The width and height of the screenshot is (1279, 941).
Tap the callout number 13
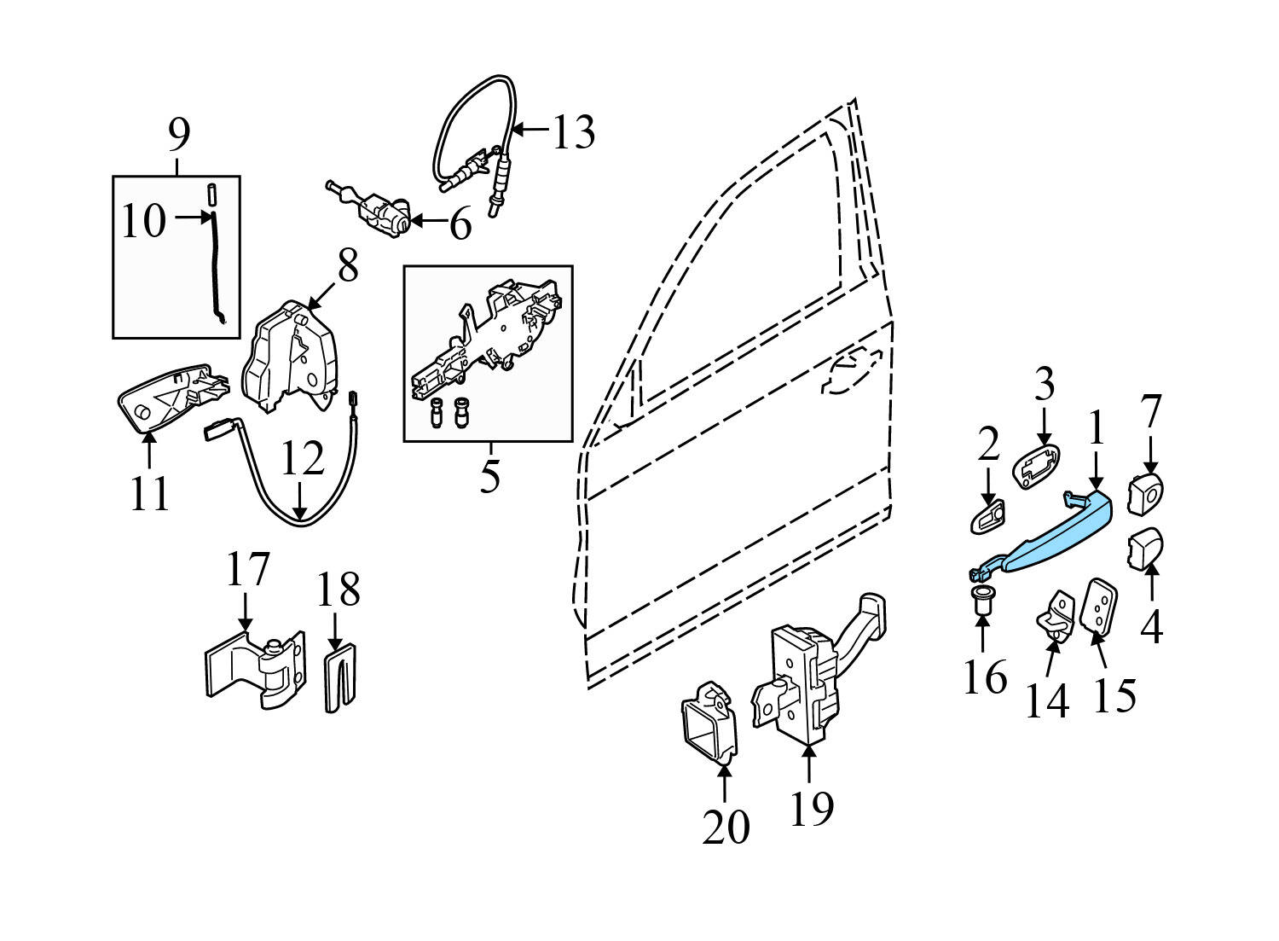coord(574,132)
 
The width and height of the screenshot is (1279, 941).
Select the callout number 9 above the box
coord(179,135)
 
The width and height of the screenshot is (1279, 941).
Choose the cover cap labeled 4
coord(1146,547)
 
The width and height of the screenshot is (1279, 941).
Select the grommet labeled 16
coord(982,601)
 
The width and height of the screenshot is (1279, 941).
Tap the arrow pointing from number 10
coord(194,218)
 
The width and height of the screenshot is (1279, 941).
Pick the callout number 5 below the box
coord(489,475)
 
